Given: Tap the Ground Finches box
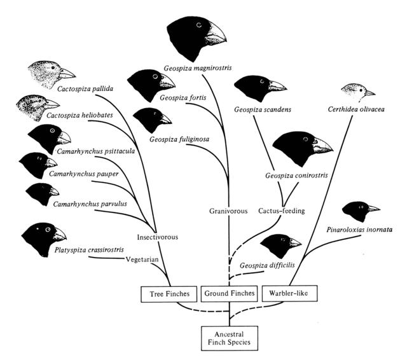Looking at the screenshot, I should (229, 294).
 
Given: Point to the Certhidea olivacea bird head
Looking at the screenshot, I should (357, 90).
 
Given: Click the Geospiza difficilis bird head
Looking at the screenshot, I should (280, 245).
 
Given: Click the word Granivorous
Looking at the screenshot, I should (228, 211).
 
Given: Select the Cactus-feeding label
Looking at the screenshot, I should (282, 210).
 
